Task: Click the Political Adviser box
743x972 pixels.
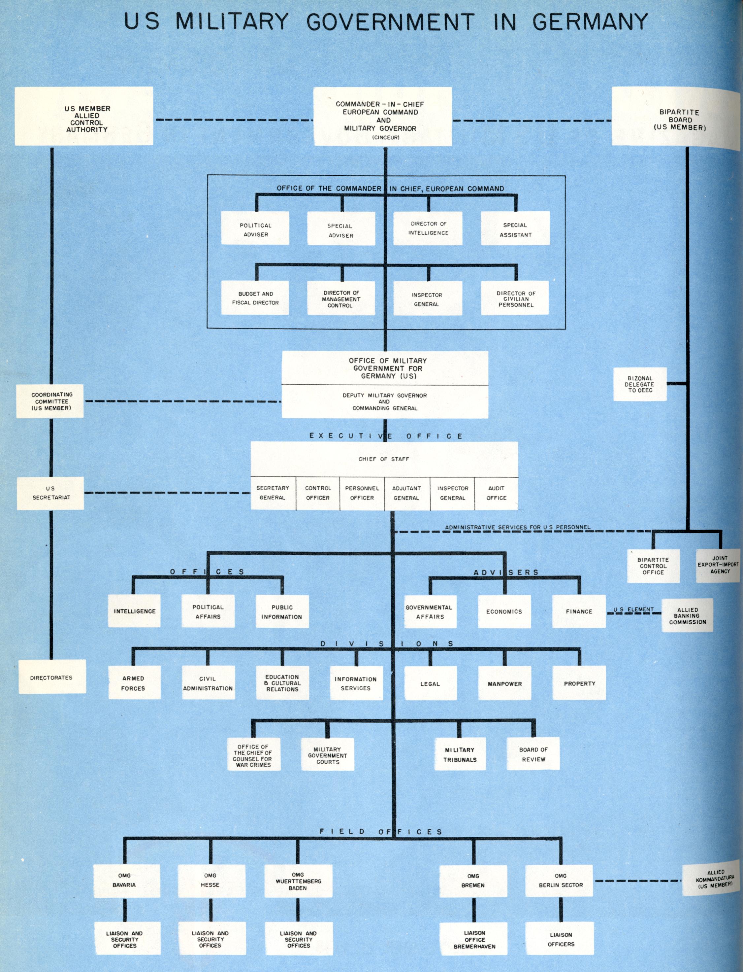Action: pos(255,228)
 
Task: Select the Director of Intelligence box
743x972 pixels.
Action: pos(428,228)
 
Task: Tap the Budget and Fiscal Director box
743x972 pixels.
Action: pos(255,298)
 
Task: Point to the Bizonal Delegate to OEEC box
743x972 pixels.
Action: pos(639,384)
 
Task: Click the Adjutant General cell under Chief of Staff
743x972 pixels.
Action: pos(406,493)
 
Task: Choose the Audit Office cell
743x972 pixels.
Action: pos(496,493)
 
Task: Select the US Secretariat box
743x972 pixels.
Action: pos(50,493)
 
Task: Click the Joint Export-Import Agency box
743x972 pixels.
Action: pos(718,565)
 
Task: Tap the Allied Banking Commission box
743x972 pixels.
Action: pos(687,616)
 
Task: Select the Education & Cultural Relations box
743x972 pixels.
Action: pos(282,683)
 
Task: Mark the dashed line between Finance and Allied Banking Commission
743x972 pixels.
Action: pos(633,613)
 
